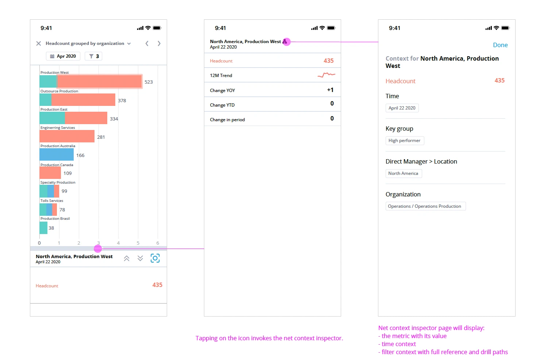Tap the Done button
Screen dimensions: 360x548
500,45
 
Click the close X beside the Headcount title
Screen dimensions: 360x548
38,43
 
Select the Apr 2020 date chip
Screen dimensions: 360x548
63,56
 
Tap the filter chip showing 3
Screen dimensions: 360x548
94,56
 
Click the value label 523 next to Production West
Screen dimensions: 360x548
148,82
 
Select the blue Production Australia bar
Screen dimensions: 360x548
57,155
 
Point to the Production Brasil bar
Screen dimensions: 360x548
43,228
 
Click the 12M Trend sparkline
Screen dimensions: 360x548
326,75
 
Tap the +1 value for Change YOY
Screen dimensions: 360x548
330,90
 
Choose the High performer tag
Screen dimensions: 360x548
404,141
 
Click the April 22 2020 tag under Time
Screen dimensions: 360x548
402,108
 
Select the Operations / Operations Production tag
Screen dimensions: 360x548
425,206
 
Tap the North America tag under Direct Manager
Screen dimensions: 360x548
403,173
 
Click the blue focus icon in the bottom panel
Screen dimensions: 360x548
155,258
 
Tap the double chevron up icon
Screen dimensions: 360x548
127,258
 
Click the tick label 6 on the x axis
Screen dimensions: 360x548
158,243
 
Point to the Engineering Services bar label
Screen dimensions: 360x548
58,128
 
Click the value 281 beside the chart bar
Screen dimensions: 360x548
101,137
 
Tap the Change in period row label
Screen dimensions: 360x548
227,120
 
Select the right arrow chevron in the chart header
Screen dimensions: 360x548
159,43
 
